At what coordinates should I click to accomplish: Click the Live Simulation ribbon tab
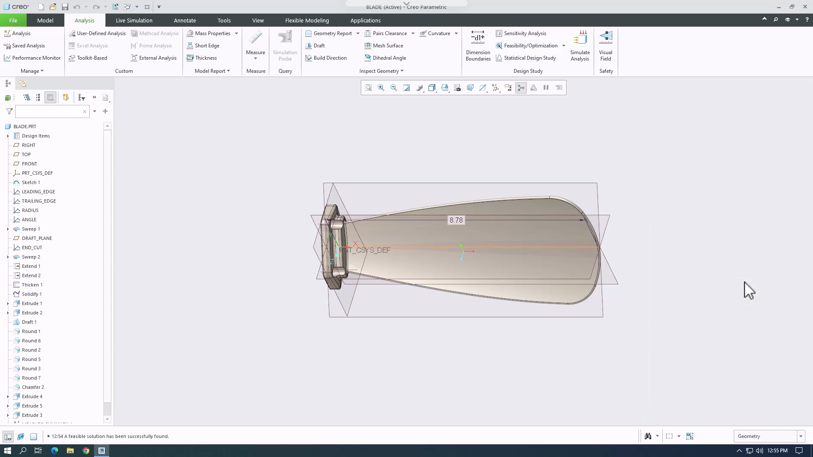(x=134, y=20)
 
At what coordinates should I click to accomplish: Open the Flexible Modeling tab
(x=307, y=20)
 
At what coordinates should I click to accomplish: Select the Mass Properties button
(x=212, y=33)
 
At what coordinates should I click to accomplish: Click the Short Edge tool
(x=207, y=46)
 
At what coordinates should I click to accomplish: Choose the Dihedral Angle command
(x=389, y=58)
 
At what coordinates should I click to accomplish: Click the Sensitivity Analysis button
(x=525, y=33)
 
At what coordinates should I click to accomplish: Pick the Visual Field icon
(x=606, y=46)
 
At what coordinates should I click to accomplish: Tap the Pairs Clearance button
(x=389, y=33)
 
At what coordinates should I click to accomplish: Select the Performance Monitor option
(x=36, y=58)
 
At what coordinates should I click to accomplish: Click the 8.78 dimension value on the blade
(x=456, y=220)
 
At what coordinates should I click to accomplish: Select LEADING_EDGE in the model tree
(x=38, y=192)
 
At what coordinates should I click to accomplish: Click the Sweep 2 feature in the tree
(x=31, y=257)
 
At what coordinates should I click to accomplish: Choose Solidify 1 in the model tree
(x=32, y=294)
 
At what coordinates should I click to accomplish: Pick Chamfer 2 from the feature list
(x=33, y=387)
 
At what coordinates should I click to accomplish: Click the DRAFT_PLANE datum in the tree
(x=37, y=238)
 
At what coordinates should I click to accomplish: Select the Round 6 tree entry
(x=31, y=341)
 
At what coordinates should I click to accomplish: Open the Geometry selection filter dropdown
(x=800, y=436)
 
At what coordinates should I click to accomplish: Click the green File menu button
(x=13, y=20)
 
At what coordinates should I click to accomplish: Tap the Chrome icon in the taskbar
(x=86, y=451)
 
